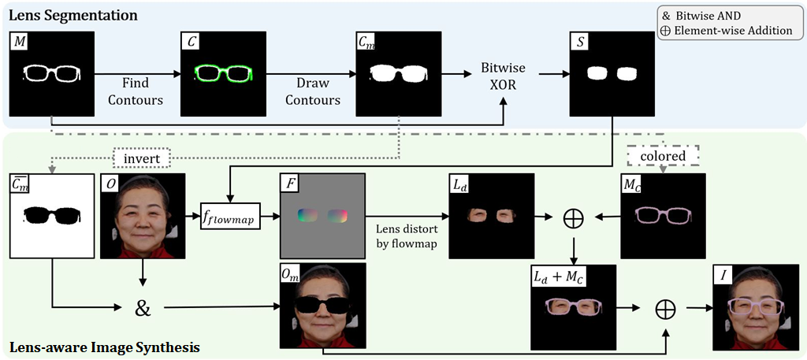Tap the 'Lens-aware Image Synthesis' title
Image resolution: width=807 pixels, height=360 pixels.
point(103,347)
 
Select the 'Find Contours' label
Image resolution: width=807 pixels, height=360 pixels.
point(136,91)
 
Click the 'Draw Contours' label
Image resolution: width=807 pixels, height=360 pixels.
point(313,91)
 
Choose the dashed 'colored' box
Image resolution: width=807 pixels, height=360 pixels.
point(663,156)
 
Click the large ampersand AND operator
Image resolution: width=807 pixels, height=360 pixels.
point(143,307)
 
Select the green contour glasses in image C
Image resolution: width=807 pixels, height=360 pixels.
point(222,75)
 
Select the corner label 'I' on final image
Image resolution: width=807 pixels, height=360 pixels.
point(722,275)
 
